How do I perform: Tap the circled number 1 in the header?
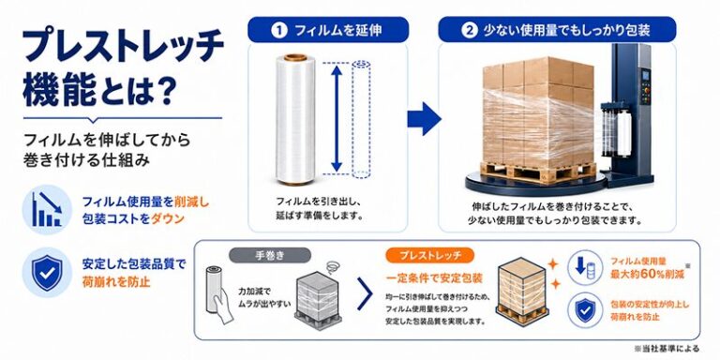[x=277, y=31]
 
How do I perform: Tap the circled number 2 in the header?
[x=468, y=31]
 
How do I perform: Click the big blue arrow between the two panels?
[x=424, y=118]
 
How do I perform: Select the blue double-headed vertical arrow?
[x=337, y=118]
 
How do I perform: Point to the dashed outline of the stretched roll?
[x=361, y=118]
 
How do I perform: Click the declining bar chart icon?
[x=47, y=209]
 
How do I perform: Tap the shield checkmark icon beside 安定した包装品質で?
[x=47, y=272]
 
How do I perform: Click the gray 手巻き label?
[x=270, y=255]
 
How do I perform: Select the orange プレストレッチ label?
[x=430, y=255]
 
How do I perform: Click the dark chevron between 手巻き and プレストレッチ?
[x=365, y=293]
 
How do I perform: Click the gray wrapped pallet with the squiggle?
[x=316, y=297]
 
